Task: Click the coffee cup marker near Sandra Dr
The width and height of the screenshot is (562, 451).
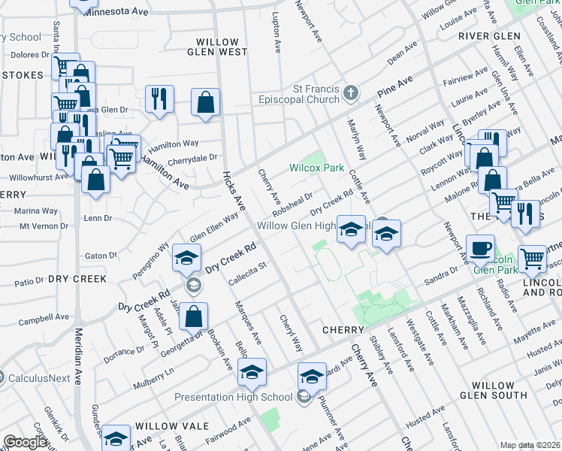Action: click(480, 248)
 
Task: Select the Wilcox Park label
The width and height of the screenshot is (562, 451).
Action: click(316, 168)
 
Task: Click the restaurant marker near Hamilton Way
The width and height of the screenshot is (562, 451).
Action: click(159, 99)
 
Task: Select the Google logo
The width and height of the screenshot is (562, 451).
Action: click(26, 443)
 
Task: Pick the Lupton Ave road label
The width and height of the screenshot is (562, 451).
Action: click(276, 38)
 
